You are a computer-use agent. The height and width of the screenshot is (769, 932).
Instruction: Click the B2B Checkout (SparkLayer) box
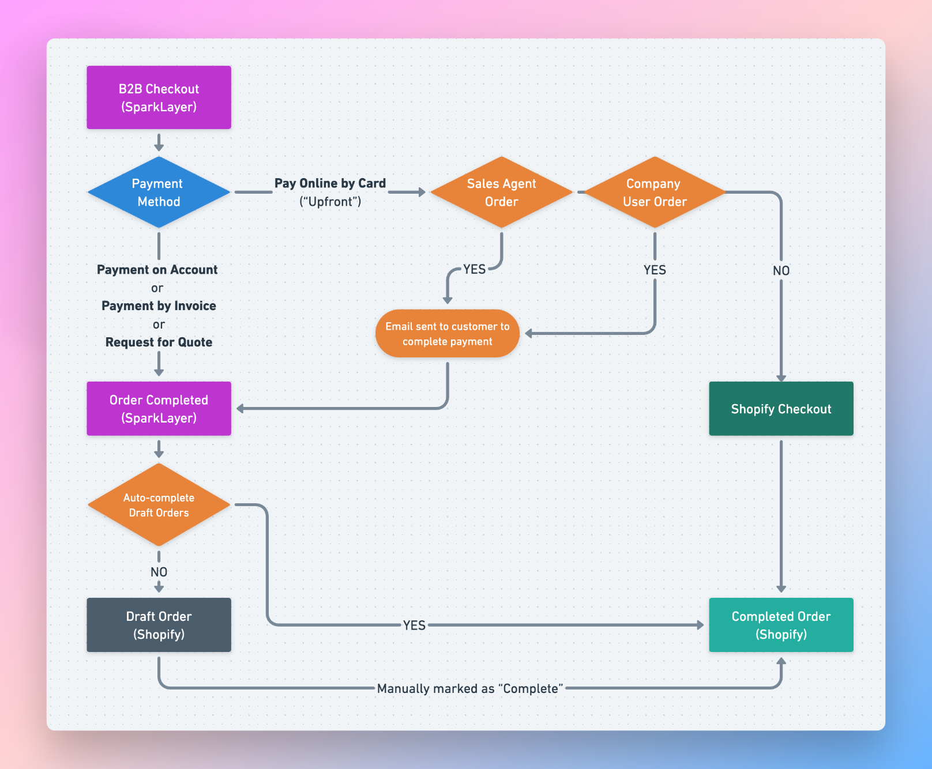click(x=159, y=97)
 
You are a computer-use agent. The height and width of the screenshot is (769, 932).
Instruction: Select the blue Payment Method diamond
click(x=159, y=193)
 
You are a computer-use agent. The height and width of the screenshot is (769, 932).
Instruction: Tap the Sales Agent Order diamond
click(x=501, y=193)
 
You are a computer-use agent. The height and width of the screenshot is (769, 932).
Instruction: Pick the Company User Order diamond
click(x=655, y=193)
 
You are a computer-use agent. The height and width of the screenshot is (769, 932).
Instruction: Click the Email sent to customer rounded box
click(x=447, y=334)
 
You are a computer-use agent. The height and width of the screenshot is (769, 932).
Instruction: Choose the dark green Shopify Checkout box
click(x=781, y=409)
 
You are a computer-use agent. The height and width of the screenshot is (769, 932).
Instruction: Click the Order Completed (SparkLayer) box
click(x=159, y=409)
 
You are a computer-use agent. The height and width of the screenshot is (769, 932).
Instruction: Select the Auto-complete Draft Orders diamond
click(x=159, y=505)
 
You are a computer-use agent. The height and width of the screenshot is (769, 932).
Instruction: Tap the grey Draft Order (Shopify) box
click(x=159, y=625)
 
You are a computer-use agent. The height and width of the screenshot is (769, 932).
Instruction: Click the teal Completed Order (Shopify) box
click(x=781, y=625)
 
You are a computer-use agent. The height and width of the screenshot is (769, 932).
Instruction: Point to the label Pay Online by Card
click(x=330, y=183)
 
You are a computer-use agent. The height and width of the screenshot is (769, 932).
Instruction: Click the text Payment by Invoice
click(x=159, y=306)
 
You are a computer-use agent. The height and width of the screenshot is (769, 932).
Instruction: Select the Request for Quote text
click(x=159, y=342)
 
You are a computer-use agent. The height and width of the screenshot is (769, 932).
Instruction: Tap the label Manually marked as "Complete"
click(x=469, y=688)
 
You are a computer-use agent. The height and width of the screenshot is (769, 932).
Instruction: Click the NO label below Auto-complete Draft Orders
click(x=159, y=572)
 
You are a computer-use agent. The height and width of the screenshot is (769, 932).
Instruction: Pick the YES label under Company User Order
click(x=655, y=270)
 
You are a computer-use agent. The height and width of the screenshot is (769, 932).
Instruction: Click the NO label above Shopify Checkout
click(x=781, y=270)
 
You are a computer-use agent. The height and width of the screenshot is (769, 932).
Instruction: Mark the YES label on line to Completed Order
click(x=414, y=625)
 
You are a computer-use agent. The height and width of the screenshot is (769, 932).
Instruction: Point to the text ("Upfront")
click(x=330, y=202)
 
